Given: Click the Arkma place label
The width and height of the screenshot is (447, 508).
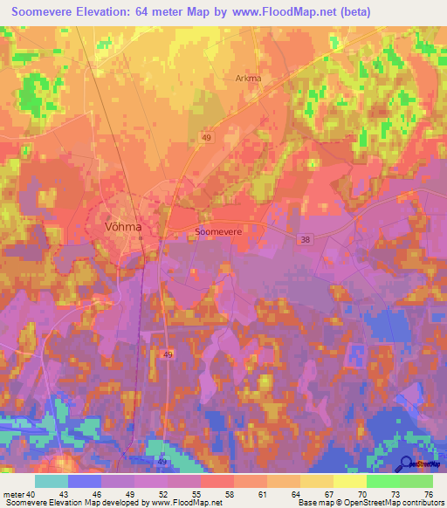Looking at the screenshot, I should [x=249, y=78].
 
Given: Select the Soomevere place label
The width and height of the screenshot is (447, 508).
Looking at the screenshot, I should [x=217, y=232].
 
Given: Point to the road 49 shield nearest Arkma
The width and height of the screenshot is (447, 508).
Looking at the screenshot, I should [x=206, y=138].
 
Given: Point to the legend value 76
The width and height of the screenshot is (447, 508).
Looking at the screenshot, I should [x=427, y=495].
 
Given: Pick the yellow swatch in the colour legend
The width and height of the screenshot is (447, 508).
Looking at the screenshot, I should [x=349, y=481].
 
